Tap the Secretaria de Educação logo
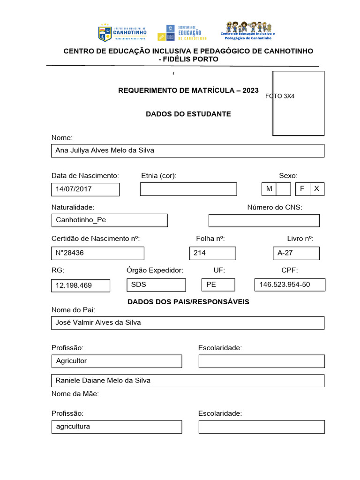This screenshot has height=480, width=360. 182,32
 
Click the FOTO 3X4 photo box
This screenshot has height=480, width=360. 299,103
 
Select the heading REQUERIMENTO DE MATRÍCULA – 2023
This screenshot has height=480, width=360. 188,90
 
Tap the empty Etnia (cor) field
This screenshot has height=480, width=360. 188,189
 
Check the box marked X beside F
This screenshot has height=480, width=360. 316,189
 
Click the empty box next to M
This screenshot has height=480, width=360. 284,189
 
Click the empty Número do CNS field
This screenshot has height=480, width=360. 264,220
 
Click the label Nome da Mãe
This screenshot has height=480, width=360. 75,394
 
